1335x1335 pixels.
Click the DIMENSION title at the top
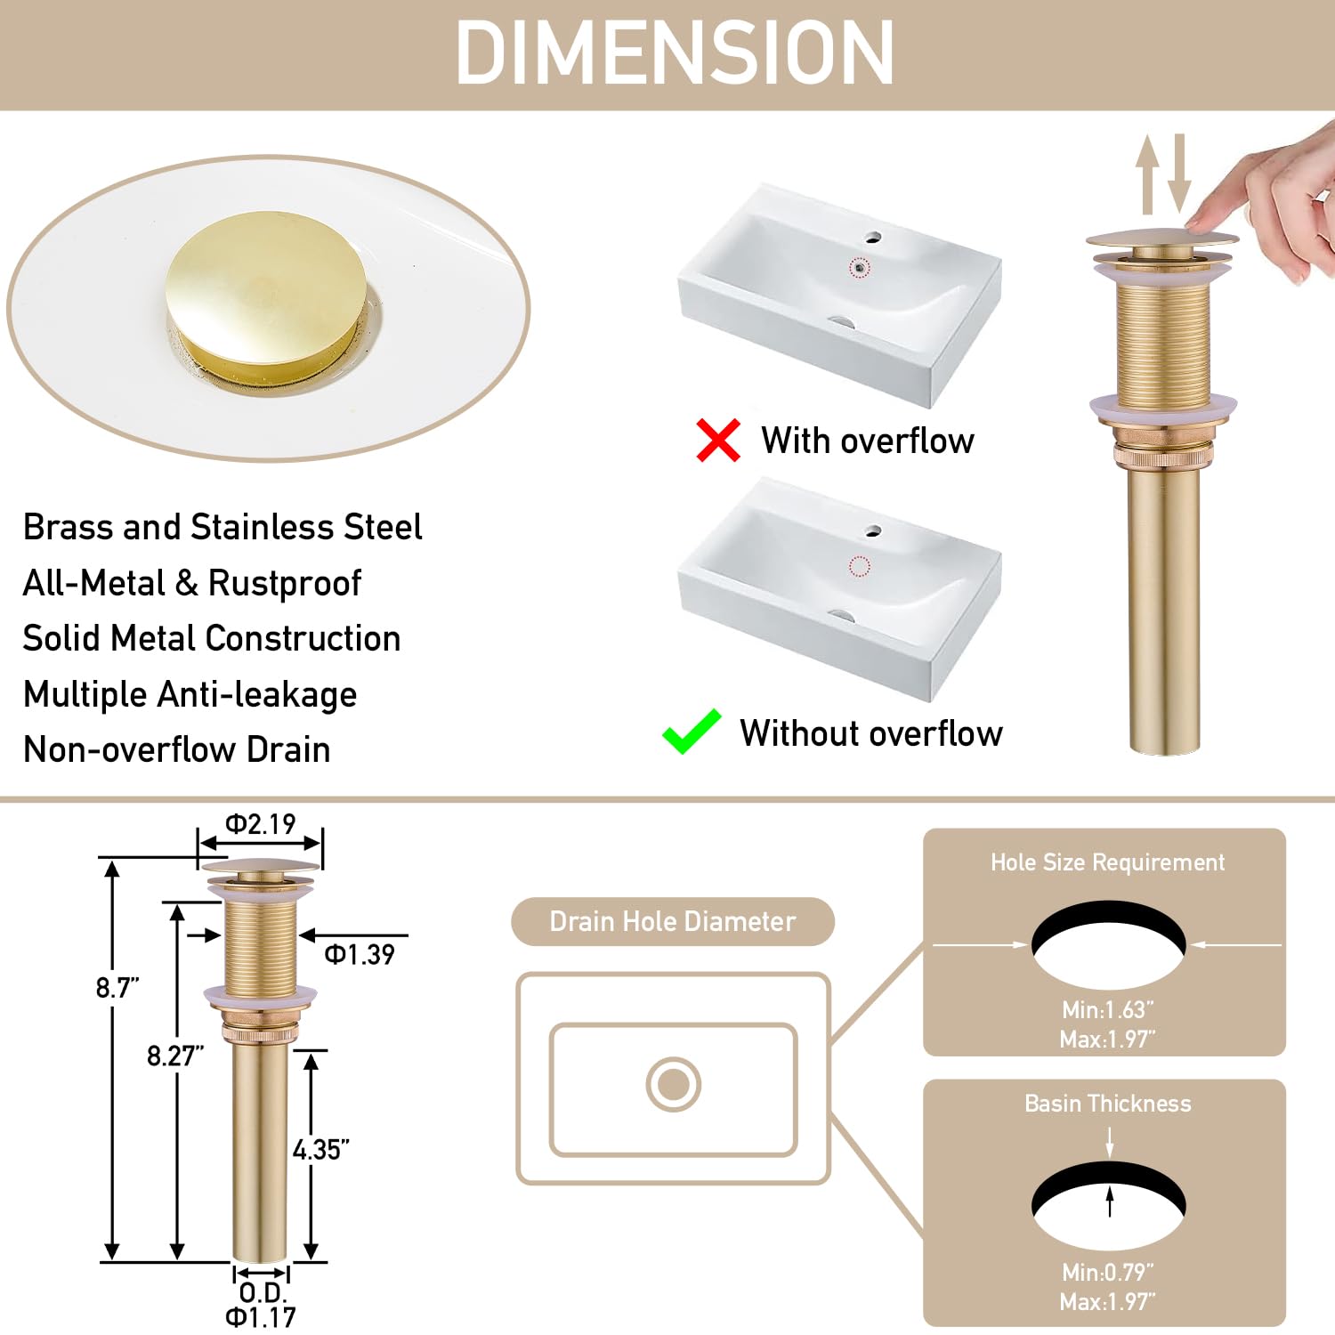(674, 53)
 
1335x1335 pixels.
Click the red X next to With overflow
(717, 441)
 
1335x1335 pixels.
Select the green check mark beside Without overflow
(691, 732)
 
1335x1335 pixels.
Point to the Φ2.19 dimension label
(260, 824)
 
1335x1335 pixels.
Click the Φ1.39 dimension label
(360, 955)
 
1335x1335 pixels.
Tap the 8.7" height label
(117, 988)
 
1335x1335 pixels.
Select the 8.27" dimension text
(175, 1056)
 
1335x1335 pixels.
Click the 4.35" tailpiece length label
(320, 1150)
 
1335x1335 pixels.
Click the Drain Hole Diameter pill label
(672, 922)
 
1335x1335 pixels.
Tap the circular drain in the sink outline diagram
(673, 1084)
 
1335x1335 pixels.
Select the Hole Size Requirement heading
(1107, 862)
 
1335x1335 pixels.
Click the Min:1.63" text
(1107, 1010)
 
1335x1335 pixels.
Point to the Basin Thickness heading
(1107, 1104)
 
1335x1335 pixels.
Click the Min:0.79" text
(1107, 1273)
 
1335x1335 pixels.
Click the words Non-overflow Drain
(176, 750)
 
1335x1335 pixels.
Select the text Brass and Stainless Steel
(222, 527)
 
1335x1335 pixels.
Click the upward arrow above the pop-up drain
(1147, 174)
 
